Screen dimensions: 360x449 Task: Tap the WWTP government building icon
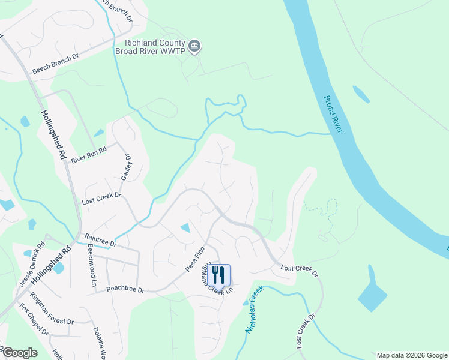[x=194, y=47]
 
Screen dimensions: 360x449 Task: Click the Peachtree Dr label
[x=125, y=289]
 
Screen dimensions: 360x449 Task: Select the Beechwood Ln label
[x=91, y=263]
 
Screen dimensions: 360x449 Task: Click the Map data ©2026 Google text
[x=411, y=355]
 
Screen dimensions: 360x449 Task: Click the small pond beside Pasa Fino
[x=185, y=228]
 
